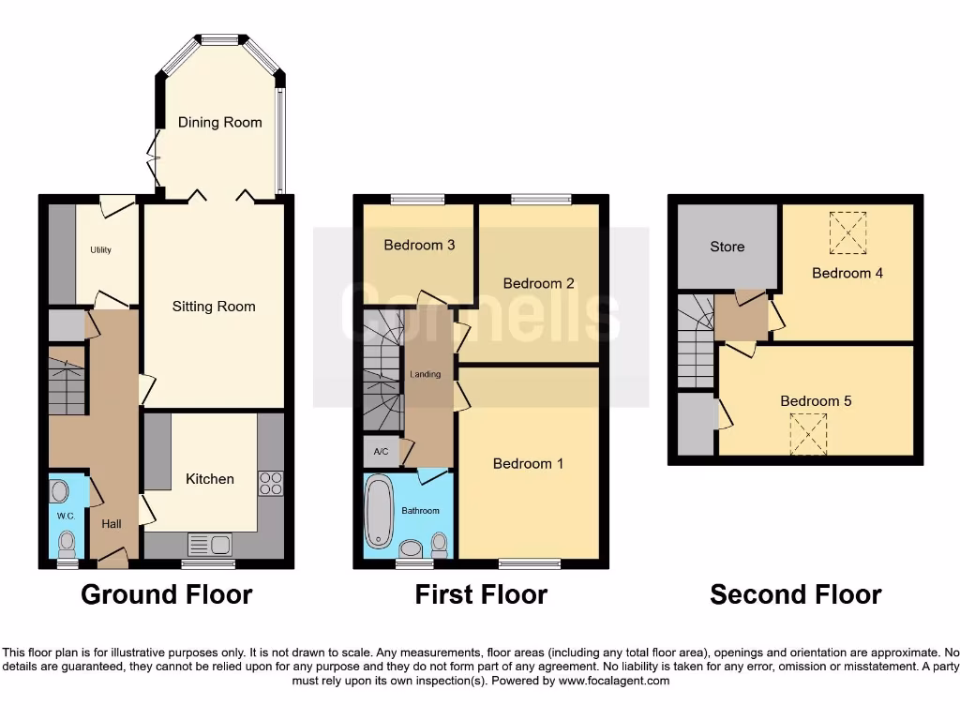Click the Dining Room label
point(220,122)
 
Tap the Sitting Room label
point(214,307)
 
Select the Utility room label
point(101,251)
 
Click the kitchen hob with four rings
point(270,483)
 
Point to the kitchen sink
point(210,544)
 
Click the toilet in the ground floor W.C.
point(67,543)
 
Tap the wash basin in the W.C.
point(59,491)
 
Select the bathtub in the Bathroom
point(380,512)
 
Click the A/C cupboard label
point(382,451)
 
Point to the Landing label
point(426,375)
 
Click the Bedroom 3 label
point(419,245)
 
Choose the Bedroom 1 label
point(528,463)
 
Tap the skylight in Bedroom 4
point(848,233)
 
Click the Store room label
point(727,247)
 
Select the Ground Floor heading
point(166,594)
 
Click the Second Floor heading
point(795,594)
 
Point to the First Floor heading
point(481,594)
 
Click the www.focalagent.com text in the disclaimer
point(614,681)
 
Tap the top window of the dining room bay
point(220,39)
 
